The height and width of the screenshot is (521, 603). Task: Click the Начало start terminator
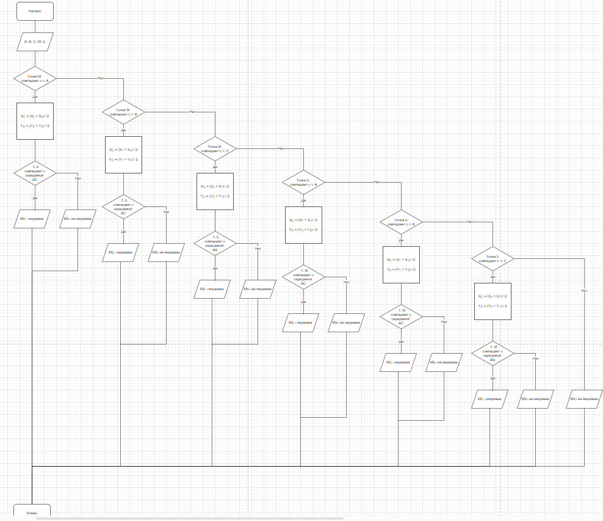pos(35,11)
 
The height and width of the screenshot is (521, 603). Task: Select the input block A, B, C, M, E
pos(35,42)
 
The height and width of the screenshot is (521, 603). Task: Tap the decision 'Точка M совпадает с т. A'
pos(35,78)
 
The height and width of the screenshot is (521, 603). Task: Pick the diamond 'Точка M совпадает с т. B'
pos(123,112)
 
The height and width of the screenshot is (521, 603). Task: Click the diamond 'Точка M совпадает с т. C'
pos(215,148)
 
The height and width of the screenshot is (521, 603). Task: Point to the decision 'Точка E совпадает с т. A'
pos(303,182)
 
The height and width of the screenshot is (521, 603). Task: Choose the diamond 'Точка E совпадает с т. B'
pos(401,222)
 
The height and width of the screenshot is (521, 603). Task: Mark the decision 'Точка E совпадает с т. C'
pos(493,258)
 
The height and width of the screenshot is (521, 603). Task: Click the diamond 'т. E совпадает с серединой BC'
pos(35,173)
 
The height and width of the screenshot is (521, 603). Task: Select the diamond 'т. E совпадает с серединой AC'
pos(123,207)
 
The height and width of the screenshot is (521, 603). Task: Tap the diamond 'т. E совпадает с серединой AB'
pos(215,244)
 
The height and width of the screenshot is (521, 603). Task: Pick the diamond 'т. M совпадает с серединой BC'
pos(303,277)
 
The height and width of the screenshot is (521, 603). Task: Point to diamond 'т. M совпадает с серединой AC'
pos(401,317)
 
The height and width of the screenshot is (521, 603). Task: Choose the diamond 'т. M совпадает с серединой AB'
pos(493,354)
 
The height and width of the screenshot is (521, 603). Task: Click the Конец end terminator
pos(32,512)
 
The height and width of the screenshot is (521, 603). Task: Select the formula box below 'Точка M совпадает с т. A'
pos(35,121)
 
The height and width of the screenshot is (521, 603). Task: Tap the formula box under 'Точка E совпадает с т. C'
pos(493,301)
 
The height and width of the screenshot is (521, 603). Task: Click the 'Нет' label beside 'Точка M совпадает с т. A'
pos(101,78)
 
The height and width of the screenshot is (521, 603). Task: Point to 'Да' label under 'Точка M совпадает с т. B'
pos(123,130)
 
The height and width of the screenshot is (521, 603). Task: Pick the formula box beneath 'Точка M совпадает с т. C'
pos(215,191)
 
